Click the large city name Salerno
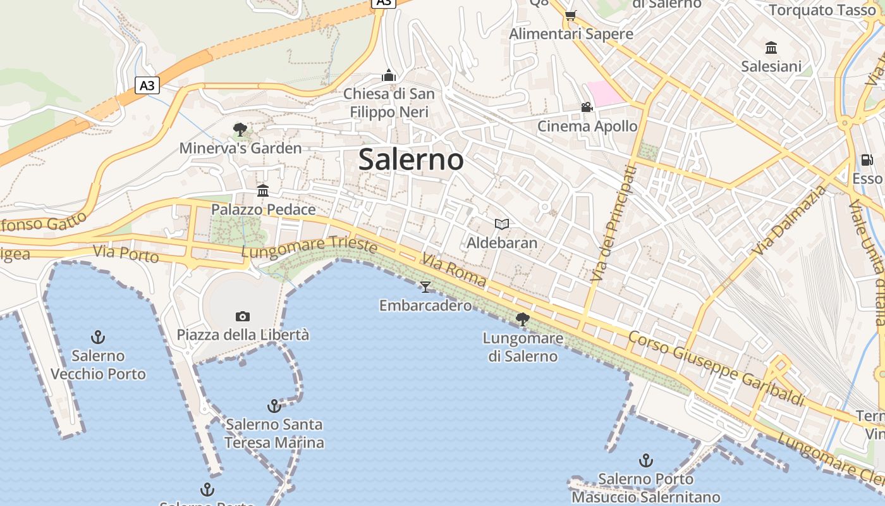click(411, 159)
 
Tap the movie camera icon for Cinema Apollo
click(587, 108)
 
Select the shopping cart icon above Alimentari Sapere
click(570, 15)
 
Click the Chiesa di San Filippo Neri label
click(389, 103)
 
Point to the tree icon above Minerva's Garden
click(240, 130)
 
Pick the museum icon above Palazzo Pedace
click(262, 190)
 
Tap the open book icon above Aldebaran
click(502, 224)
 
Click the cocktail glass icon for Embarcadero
click(425, 287)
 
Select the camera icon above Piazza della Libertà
click(242, 316)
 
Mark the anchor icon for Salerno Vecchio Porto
click(97, 336)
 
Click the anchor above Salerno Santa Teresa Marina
click(274, 405)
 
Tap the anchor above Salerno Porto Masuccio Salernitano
click(645, 460)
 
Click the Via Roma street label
click(454, 271)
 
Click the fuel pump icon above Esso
click(866, 160)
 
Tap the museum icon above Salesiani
click(771, 48)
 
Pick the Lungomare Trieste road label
click(310, 247)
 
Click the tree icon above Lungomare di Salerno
click(522, 319)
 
